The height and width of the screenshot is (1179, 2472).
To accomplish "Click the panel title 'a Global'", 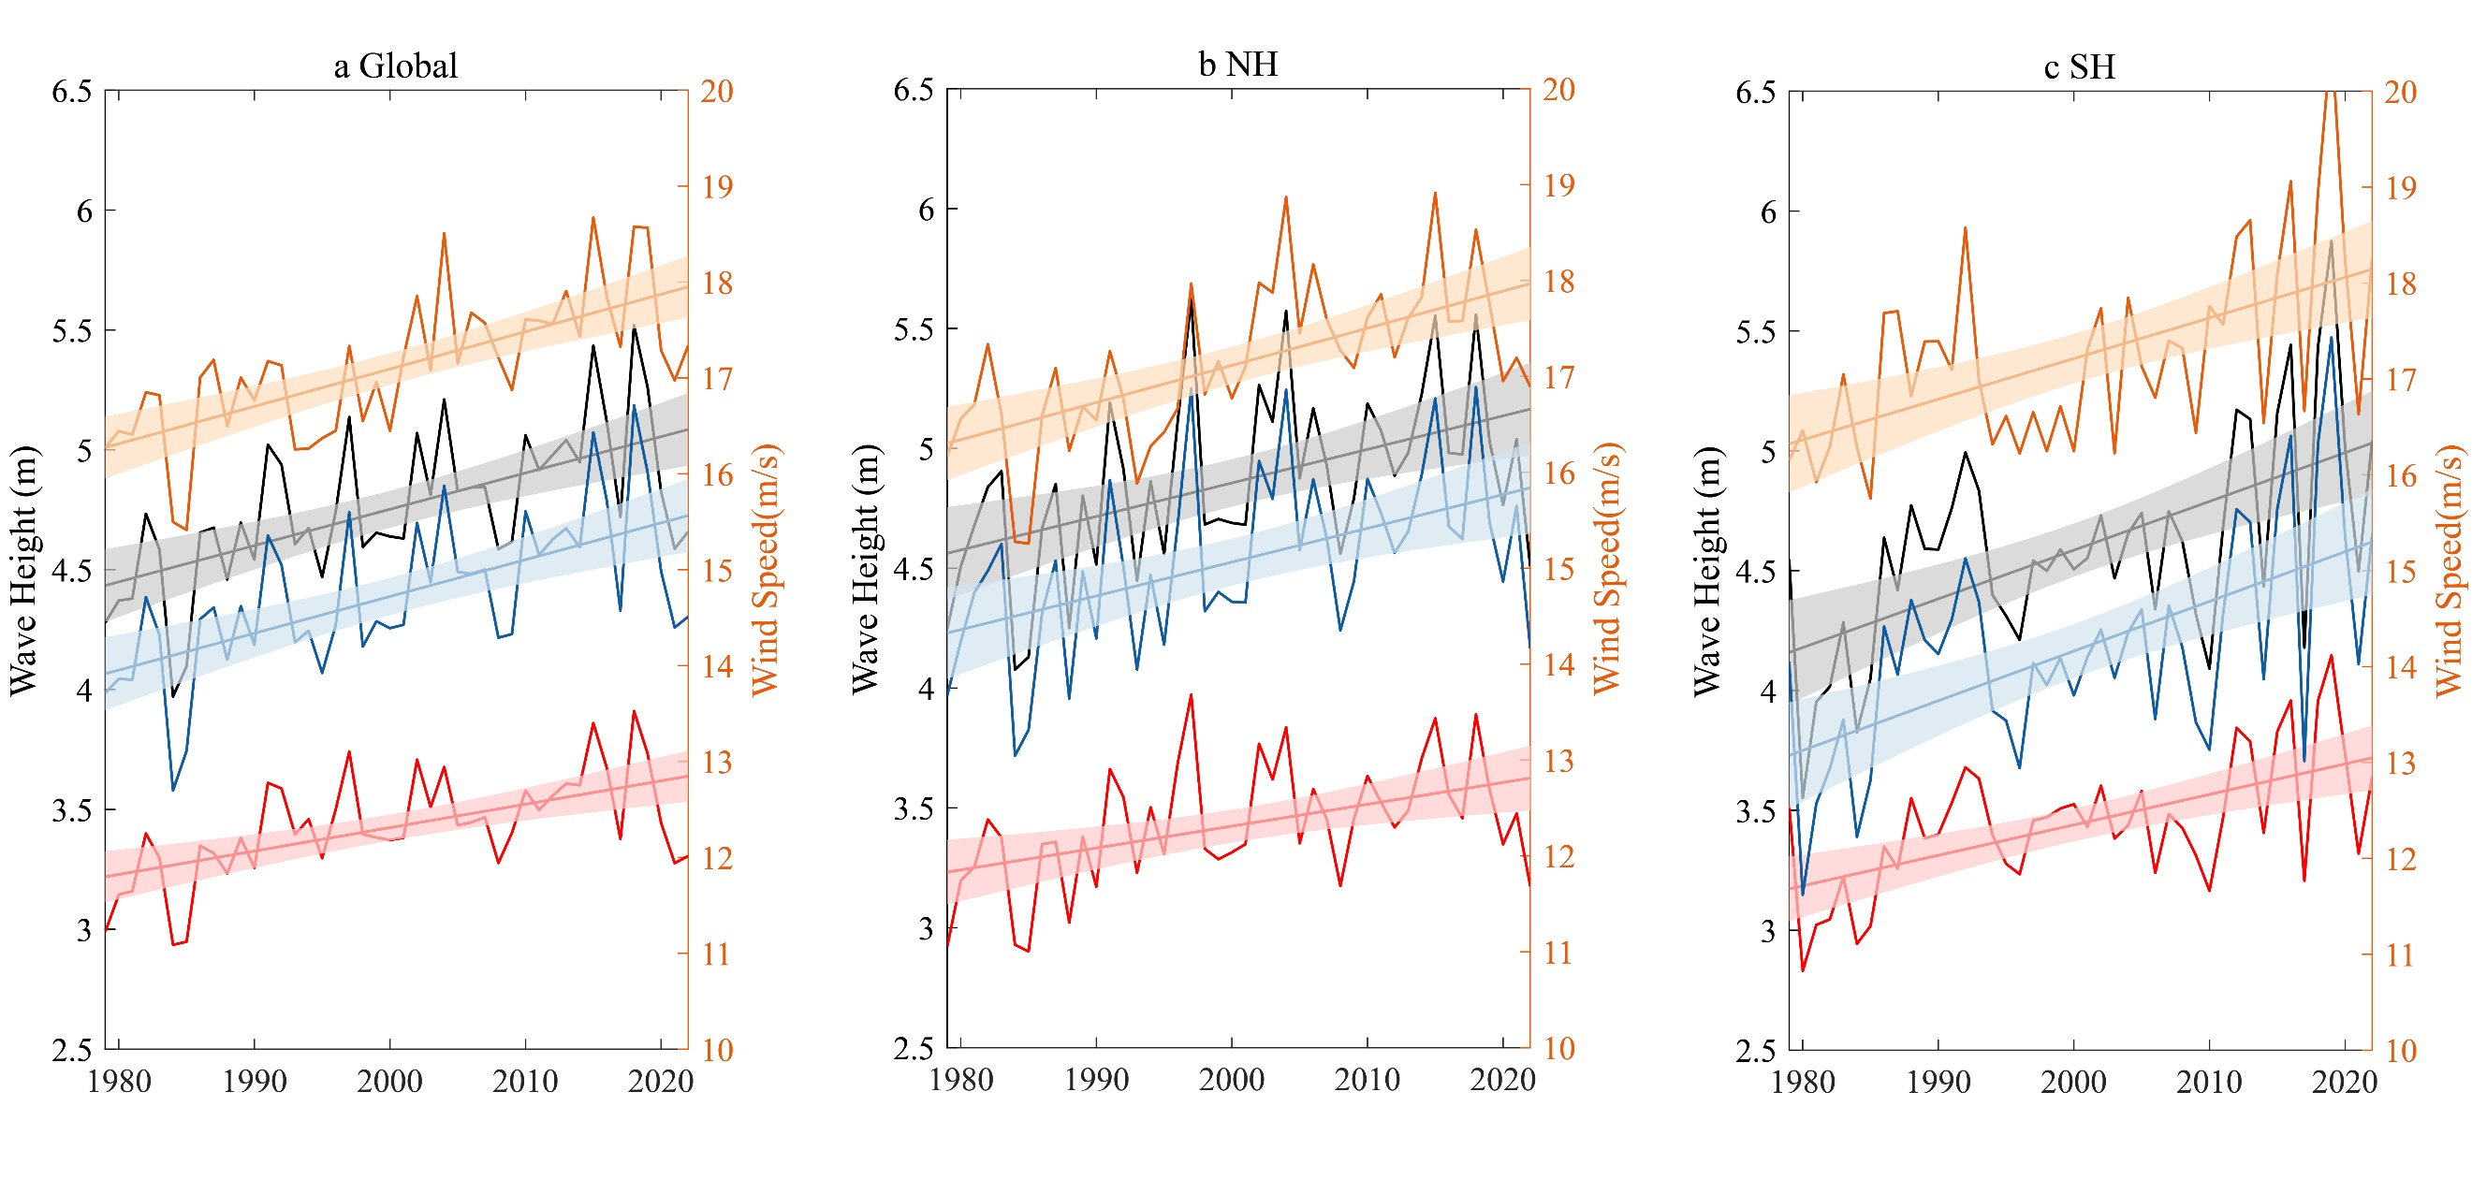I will tap(395, 66).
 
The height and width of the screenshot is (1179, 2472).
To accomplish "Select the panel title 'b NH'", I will tap(1238, 65).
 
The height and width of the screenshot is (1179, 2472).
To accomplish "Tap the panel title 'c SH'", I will tap(2080, 67).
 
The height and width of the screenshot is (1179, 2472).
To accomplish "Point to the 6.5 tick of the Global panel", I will tap(72, 92).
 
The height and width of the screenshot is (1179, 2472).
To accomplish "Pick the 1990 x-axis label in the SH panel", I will tap(1938, 1082).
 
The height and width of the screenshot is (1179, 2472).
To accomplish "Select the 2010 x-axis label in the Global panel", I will tap(525, 1081).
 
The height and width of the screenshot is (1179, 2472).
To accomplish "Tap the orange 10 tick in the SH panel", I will tap(2400, 1051).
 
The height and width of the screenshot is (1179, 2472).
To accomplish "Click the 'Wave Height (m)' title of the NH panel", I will tap(865, 568).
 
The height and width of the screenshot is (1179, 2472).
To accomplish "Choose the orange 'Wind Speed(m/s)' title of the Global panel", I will tap(765, 569).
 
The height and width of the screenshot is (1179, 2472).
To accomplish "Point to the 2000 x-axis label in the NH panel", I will tap(1231, 1079).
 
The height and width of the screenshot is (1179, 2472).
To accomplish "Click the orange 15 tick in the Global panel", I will tap(717, 571).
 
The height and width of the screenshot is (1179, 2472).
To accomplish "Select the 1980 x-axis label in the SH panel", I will tap(1802, 1082).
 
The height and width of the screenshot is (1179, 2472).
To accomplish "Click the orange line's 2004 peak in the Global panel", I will tap(445, 233).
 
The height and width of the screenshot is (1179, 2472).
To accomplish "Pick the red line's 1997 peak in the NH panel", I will tap(1191, 695).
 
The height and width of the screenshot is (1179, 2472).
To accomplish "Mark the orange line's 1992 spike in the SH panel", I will tap(1966, 228).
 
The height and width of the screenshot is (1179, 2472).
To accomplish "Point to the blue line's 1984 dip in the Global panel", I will tap(173, 791).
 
